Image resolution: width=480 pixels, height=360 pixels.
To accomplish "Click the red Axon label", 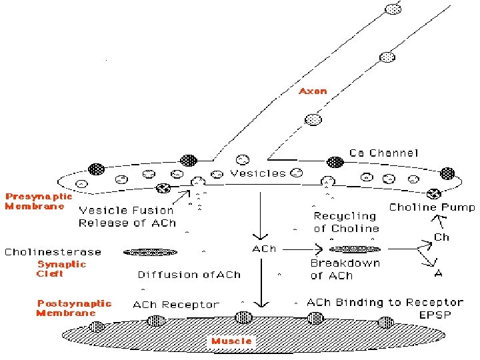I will [x=313, y=91].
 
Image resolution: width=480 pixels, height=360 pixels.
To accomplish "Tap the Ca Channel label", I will [x=384, y=153].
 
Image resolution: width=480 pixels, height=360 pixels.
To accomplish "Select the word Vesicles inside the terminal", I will [x=257, y=173].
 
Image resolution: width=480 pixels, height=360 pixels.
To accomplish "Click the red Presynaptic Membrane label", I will [x=39, y=201].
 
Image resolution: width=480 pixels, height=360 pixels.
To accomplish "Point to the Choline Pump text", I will [x=431, y=207].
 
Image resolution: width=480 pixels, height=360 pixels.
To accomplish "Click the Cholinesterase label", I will [x=53, y=252].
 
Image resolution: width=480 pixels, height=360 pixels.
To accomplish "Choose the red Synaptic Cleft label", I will [x=61, y=269].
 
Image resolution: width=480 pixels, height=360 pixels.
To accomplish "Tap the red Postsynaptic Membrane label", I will [x=74, y=308].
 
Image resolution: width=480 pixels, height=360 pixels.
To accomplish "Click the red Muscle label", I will [x=231, y=341].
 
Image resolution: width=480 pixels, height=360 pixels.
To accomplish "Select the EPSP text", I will [x=435, y=314].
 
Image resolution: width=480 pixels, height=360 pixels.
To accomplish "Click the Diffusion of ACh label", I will [x=189, y=275].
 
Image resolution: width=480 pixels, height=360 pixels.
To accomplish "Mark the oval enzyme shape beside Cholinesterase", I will [x=151, y=252].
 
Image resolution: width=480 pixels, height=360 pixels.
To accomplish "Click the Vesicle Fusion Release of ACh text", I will [x=127, y=217].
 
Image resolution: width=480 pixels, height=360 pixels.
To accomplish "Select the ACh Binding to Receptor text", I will [x=385, y=303].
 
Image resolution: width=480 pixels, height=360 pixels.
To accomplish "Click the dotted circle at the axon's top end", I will [x=394, y=9].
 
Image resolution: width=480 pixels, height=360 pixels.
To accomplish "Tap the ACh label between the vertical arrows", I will [x=263, y=249].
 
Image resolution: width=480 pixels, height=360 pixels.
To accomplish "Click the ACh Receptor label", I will [x=176, y=305].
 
